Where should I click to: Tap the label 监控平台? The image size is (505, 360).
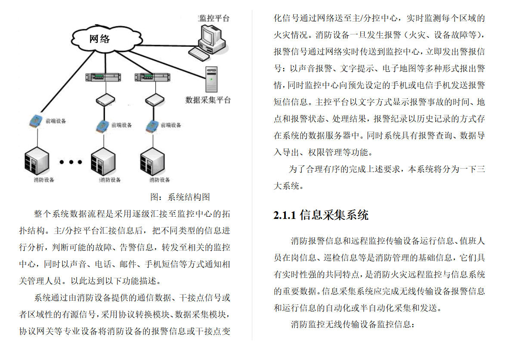pos(214,18)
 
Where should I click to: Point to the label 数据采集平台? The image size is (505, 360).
pos(208,100)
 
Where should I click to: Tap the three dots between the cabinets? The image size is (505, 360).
pos(71,162)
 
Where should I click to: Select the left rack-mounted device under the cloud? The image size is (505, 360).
pos(101,77)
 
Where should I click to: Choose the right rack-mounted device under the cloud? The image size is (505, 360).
pos(150,77)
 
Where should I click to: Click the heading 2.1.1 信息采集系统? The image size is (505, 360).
pos(321,215)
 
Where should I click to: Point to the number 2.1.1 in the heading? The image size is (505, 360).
pos(285,215)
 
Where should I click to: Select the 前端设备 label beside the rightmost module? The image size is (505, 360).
pos(171,125)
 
